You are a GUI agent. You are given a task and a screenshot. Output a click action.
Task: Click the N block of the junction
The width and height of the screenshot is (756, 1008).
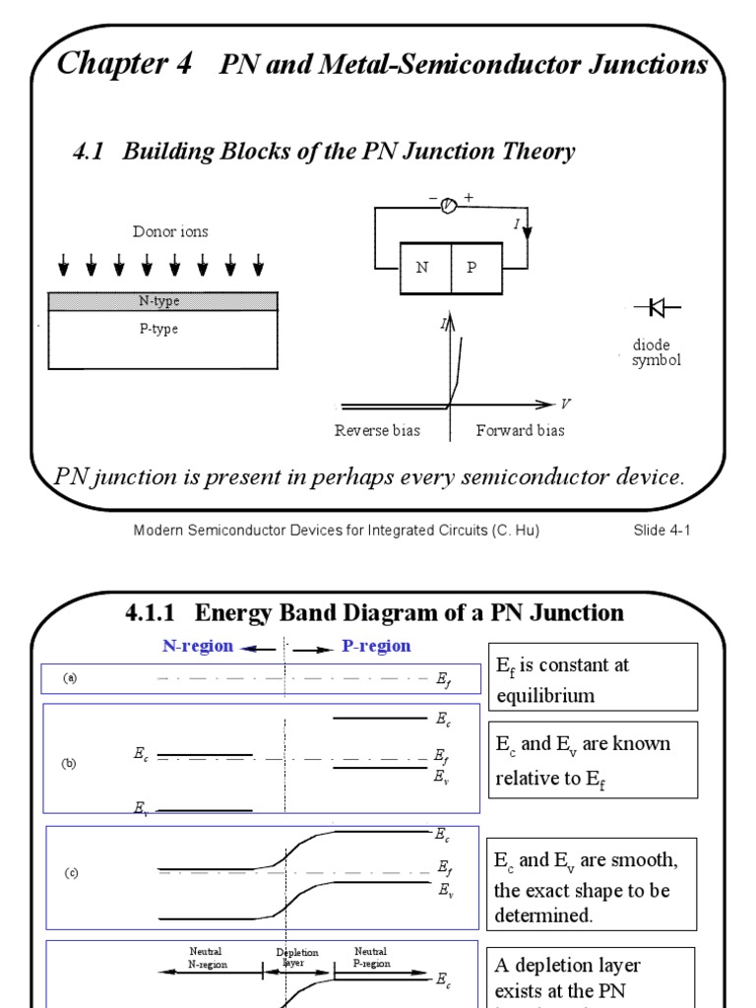tap(424, 267)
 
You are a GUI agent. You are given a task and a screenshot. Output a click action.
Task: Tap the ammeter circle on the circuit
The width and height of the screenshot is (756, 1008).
tap(448, 205)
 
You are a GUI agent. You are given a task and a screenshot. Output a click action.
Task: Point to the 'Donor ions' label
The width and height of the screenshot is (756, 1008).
tap(170, 232)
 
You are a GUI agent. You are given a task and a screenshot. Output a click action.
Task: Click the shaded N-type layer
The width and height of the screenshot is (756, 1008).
tap(160, 300)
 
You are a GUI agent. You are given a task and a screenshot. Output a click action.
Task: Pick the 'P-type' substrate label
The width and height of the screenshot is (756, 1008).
tap(158, 330)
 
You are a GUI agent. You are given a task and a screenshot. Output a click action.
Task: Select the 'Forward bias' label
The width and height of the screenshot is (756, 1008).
tap(520, 430)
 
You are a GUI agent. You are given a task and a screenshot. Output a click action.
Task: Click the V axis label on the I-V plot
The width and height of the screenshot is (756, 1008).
tap(566, 404)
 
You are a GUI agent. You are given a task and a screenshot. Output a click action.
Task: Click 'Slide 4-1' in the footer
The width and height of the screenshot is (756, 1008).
tap(663, 532)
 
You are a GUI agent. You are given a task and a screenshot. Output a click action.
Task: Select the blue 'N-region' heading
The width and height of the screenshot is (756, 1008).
tap(198, 647)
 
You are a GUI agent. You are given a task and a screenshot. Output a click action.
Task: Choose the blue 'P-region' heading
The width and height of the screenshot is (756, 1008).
tap(376, 647)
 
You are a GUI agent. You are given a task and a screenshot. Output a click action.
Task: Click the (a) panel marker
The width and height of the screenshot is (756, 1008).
tap(70, 678)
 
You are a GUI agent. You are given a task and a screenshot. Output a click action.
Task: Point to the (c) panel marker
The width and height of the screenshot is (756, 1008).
tap(72, 873)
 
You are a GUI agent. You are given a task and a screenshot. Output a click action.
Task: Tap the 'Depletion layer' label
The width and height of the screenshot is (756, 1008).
tap(292, 958)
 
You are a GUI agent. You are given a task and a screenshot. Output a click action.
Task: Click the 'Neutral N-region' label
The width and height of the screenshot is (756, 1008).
tap(206, 958)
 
